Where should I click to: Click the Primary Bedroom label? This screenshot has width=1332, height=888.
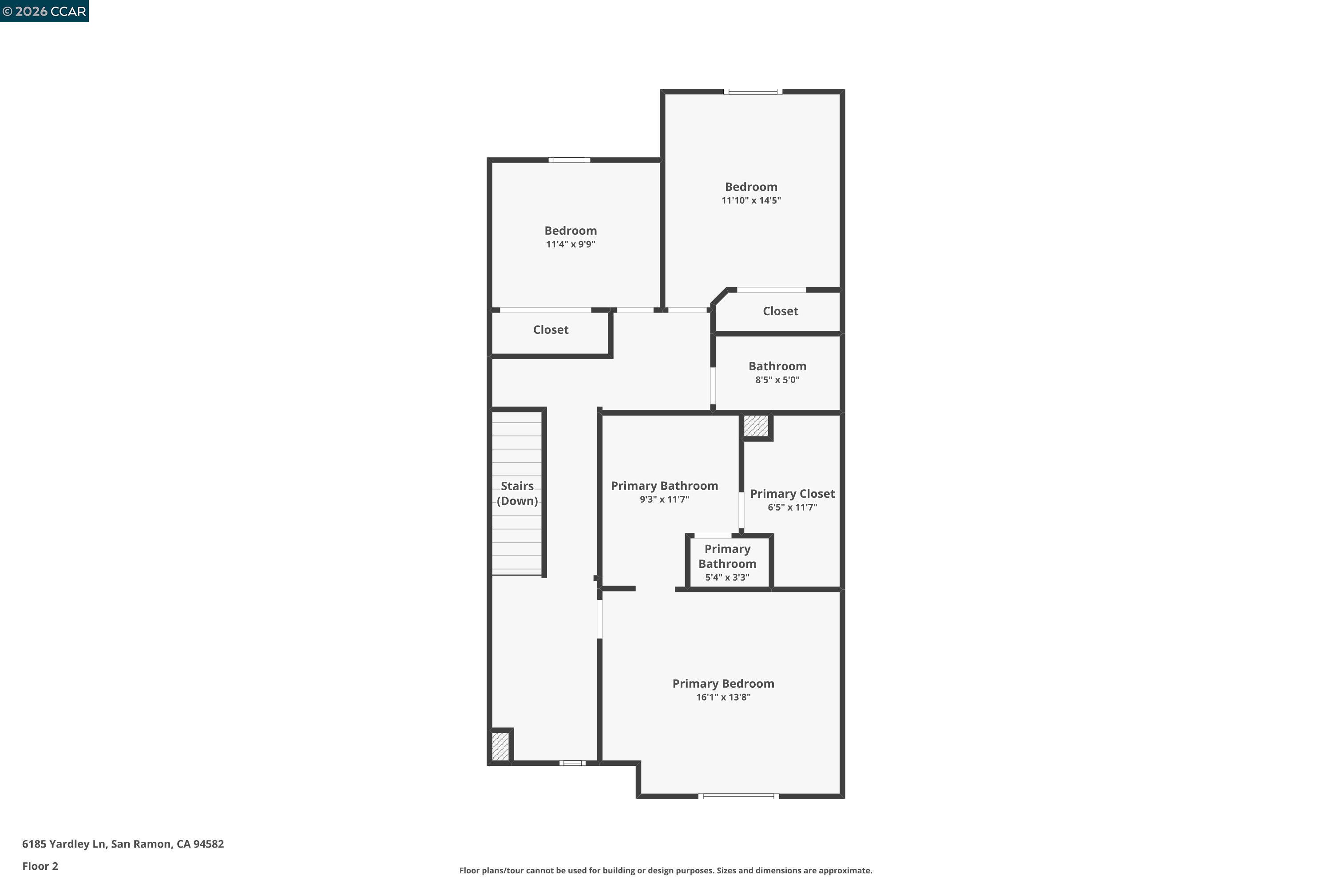coord(723,684)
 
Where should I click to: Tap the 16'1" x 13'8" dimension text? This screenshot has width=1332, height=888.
coord(723,697)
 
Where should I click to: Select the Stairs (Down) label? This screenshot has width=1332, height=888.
coord(517,493)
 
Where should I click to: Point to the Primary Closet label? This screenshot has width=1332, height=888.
coord(792,494)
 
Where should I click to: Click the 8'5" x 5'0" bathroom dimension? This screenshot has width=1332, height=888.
coord(777,380)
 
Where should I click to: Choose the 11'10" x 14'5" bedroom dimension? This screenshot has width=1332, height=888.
coord(751,201)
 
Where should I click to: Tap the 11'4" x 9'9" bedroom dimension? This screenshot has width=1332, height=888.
coord(570,245)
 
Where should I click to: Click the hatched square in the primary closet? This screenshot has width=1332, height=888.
coord(756,426)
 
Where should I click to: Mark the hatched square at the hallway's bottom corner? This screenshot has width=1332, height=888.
coord(500,746)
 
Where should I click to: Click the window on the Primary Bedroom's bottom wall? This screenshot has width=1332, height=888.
coord(738,796)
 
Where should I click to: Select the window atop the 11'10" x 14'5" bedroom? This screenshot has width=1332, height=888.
coord(753,91)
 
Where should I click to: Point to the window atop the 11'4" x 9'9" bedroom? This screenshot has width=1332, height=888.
coord(569,160)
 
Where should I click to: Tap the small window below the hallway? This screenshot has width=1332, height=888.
coord(572,763)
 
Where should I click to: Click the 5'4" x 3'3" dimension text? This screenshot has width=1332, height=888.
coord(727,578)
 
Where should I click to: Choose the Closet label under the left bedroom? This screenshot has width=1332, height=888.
coord(551,329)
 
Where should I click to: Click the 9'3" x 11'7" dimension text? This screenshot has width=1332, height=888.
coord(664,499)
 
